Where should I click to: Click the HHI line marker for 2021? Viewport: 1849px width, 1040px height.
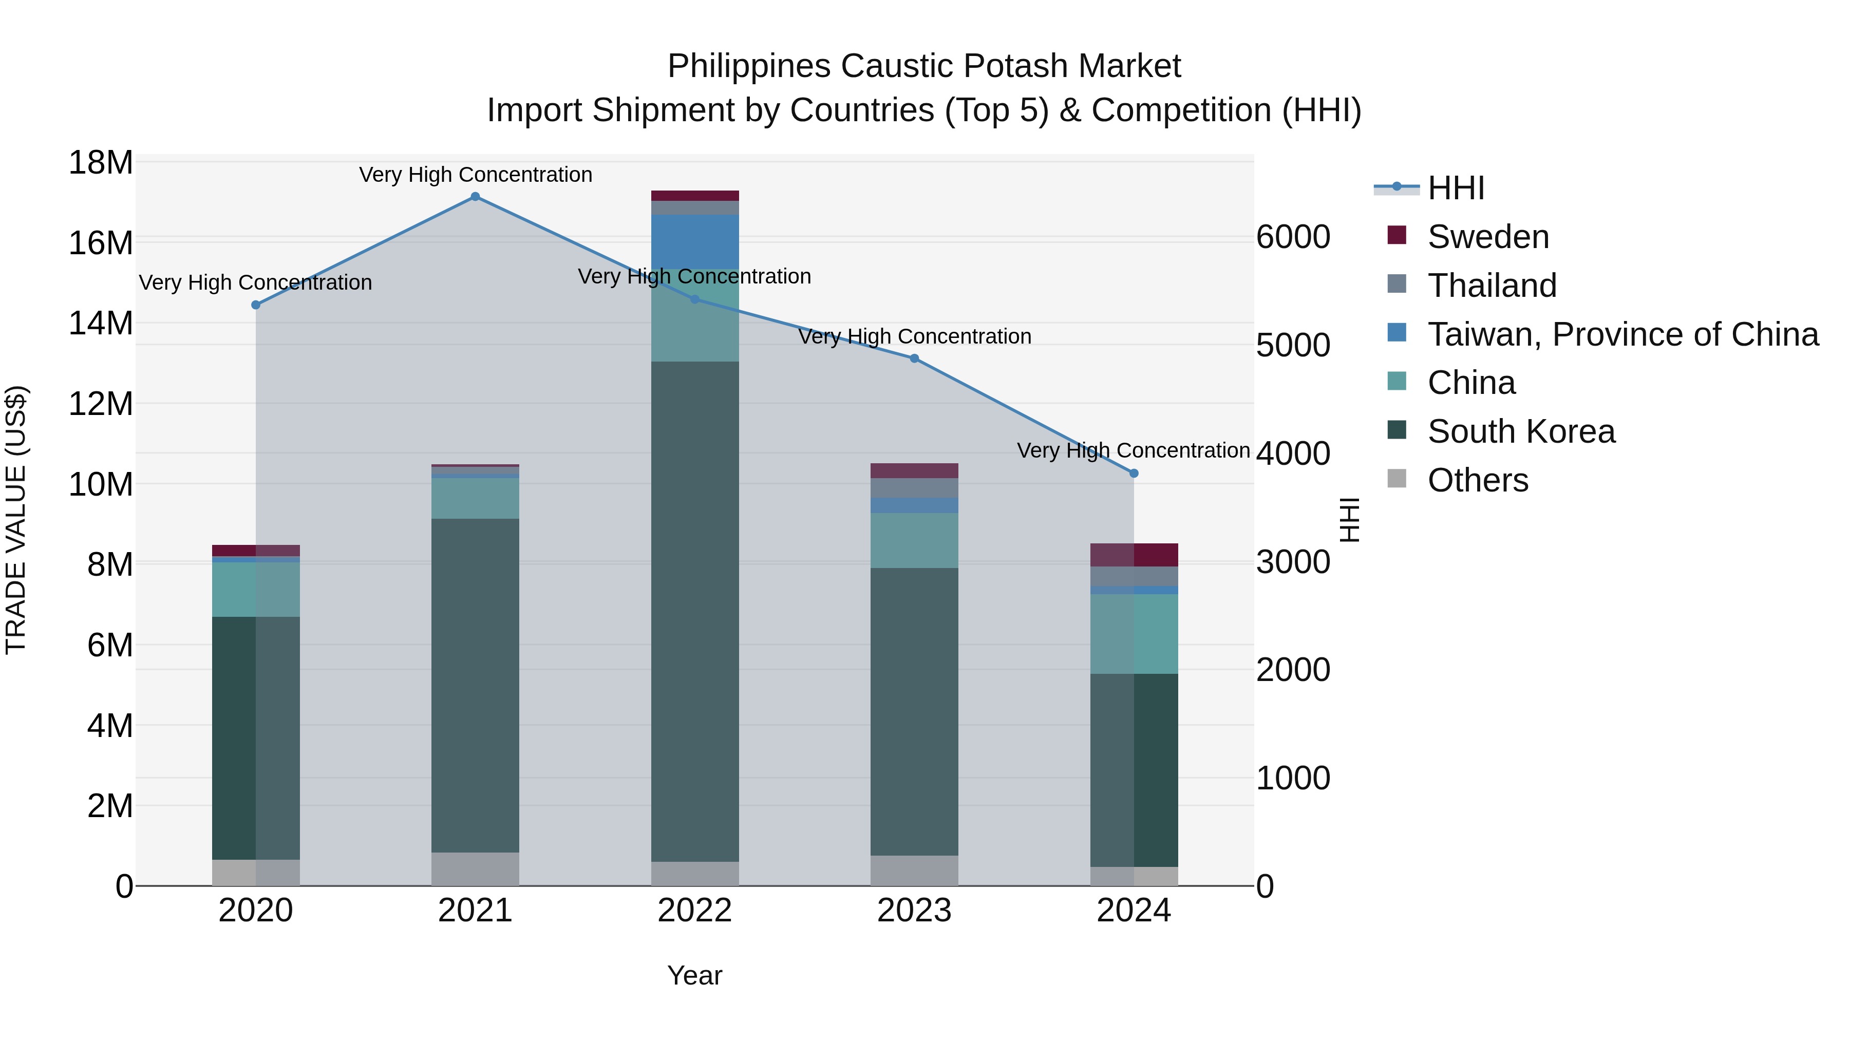pos(475,197)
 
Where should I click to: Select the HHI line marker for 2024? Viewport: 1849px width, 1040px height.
pos(1134,474)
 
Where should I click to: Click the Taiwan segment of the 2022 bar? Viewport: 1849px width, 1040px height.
pos(695,242)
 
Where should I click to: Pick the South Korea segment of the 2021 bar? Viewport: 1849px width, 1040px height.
pos(475,686)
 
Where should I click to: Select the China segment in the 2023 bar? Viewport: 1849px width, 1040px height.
pos(914,540)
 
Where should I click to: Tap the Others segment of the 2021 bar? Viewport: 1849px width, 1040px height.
pos(475,869)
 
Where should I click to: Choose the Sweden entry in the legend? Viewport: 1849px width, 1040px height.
pos(1488,237)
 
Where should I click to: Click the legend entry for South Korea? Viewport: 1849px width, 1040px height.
pos(1521,431)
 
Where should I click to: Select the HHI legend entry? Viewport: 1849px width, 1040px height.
pos(1456,188)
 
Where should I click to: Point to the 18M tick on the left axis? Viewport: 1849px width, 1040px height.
pos(101,163)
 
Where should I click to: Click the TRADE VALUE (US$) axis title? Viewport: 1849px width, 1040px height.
pos(16,520)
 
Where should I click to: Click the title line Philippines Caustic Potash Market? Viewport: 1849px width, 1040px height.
pos(924,66)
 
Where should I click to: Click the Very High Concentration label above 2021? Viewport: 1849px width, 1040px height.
pos(475,175)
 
